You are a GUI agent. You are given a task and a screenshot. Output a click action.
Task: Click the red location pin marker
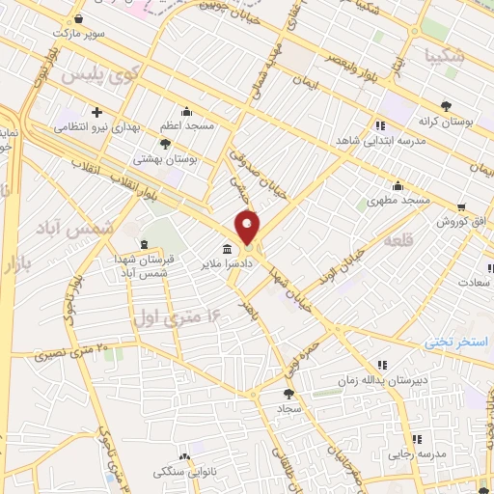(x=248, y=229)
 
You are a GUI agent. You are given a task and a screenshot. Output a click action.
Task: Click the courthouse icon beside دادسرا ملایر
(x=227, y=250)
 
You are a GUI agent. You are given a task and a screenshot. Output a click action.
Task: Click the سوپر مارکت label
(x=76, y=33)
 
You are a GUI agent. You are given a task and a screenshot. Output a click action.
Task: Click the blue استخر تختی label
(x=460, y=343)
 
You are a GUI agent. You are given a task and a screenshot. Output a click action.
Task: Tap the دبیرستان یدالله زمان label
(x=380, y=380)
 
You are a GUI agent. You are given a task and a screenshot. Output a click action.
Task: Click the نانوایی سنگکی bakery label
(x=169, y=472)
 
